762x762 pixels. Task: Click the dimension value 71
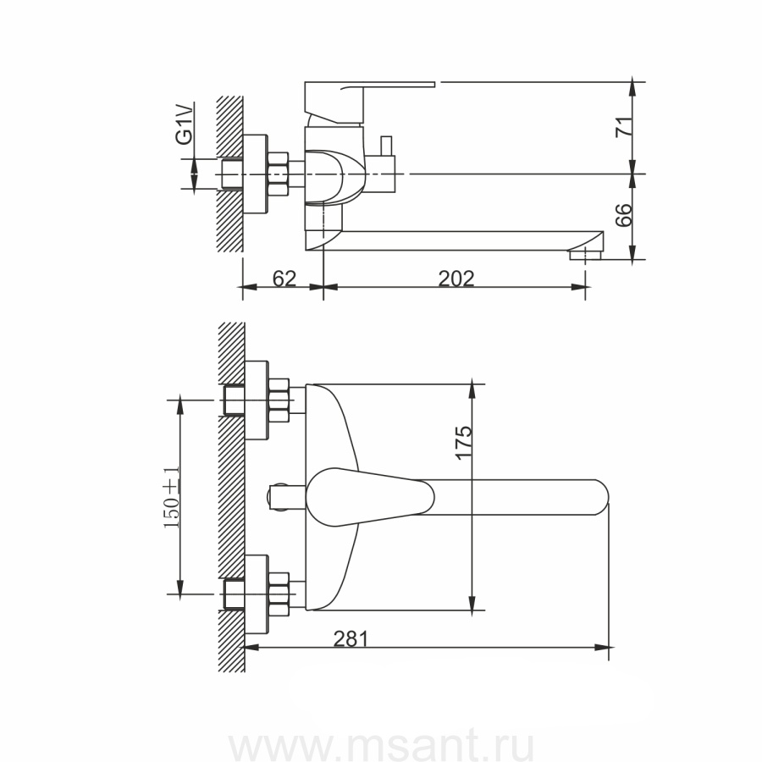624,127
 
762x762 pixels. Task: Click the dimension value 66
624,215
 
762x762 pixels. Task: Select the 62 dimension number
284,279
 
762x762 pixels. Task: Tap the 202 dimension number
456,279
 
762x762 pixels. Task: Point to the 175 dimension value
463,441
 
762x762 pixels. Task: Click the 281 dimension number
351,638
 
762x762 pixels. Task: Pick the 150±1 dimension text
172,497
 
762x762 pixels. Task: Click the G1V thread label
184,125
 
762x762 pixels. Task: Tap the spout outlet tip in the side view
586,255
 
